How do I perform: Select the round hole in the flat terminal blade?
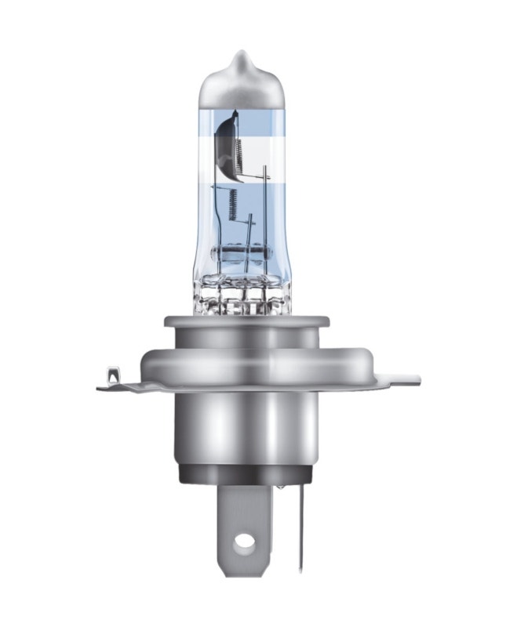(246, 541)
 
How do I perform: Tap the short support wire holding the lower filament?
(249, 235)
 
